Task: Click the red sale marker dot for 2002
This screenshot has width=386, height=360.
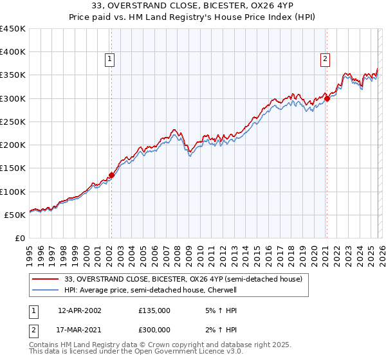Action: pos(111,175)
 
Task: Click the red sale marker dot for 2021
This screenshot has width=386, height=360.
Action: pos(327,98)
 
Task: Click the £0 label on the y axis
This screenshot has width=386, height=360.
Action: pos(19,238)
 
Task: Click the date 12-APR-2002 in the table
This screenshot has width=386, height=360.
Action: pos(79,310)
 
